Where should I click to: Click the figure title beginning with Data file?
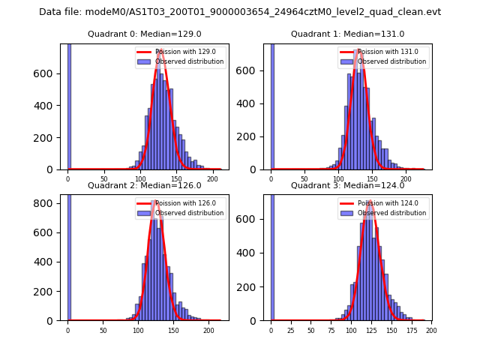pos(240,12)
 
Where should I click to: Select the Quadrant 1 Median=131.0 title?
pos(347,34)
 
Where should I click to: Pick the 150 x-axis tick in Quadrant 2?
pos(174,330)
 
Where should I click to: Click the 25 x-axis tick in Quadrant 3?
pos(291,330)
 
